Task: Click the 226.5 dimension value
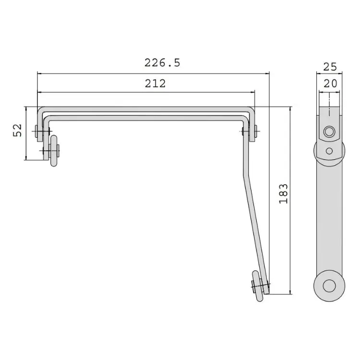[162, 63]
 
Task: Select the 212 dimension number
[155, 84]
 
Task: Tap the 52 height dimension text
[17, 131]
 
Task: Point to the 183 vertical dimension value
[283, 193]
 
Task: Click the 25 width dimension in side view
[330, 67]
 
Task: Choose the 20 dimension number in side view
[330, 84]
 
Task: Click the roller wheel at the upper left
[54, 151]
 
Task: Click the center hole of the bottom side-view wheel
[329, 286]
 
